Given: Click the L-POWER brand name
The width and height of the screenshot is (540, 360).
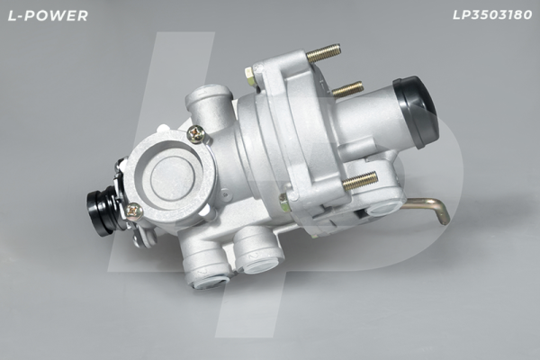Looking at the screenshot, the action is pyautogui.click(x=48, y=15).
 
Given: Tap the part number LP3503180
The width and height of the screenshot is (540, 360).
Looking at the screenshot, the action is pyautogui.click(x=492, y=14).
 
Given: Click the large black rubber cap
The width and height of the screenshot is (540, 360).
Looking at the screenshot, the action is pyautogui.click(x=416, y=112).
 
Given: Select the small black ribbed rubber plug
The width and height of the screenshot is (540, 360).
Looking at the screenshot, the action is pyautogui.click(x=100, y=213).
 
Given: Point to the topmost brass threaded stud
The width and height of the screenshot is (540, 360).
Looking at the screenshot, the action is pyautogui.click(x=323, y=53).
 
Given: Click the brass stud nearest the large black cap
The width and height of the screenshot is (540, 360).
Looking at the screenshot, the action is pyautogui.click(x=347, y=89).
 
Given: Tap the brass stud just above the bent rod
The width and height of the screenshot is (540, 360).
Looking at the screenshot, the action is pyautogui.click(x=360, y=181).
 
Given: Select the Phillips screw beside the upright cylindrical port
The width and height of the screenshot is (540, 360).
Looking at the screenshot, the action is pyautogui.click(x=196, y=134).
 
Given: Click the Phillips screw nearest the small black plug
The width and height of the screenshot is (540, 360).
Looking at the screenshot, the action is pyautogui.click(x=135, y=211).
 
